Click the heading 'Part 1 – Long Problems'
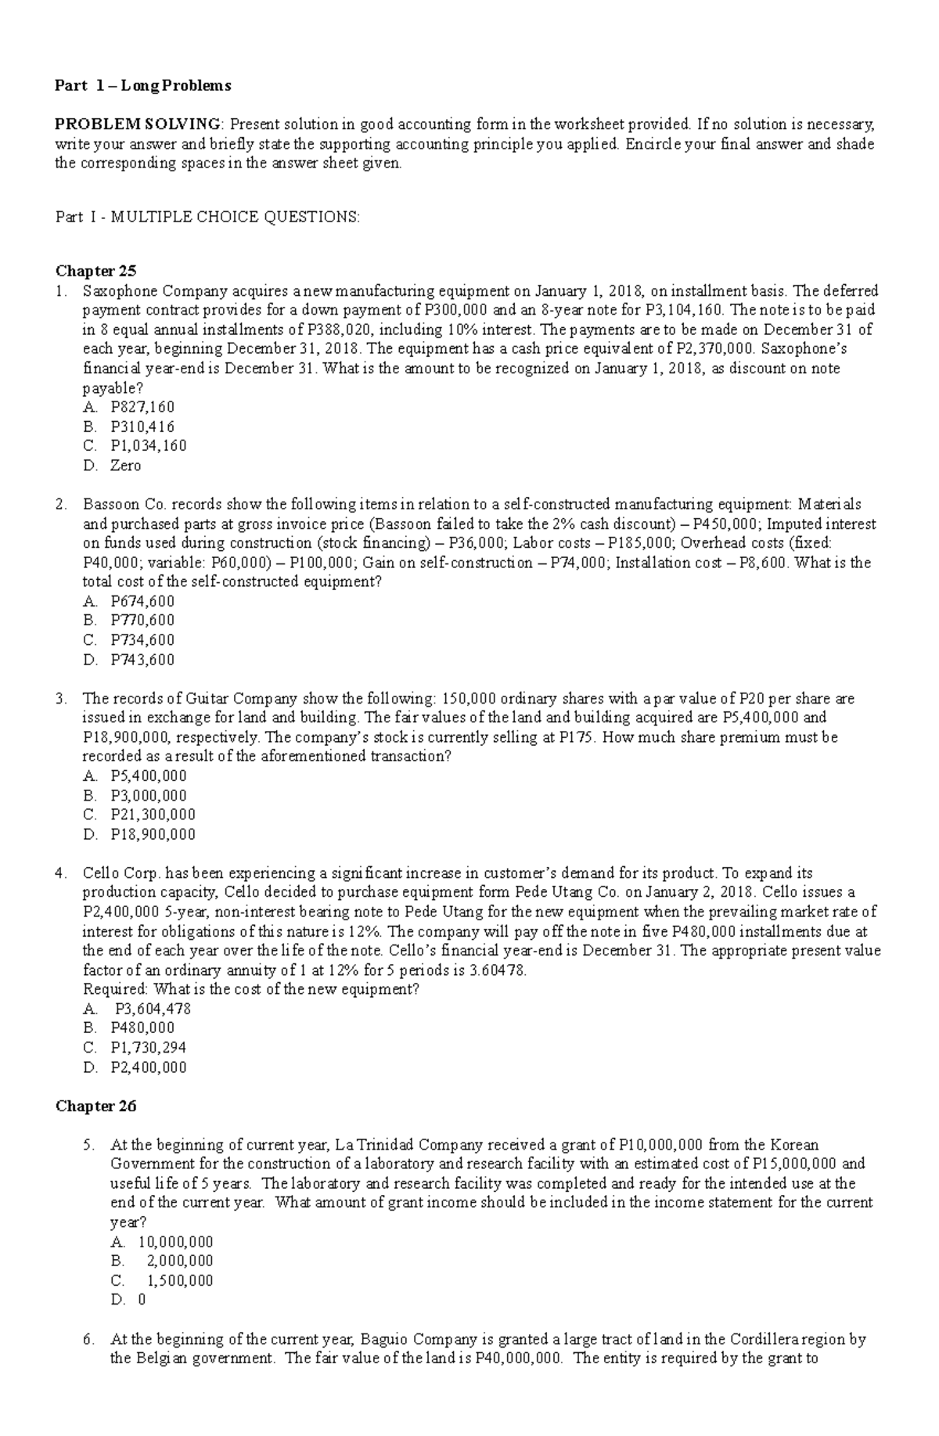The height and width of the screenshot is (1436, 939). coord(142,86)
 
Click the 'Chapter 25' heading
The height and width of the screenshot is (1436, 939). coord(95,272)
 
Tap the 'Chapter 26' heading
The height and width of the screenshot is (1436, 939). coord(95,1106)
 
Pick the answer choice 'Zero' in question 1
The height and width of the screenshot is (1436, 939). coord(126,466)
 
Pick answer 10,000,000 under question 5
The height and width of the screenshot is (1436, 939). coord(175,1242)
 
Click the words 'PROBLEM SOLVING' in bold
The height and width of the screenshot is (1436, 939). coord(138,124)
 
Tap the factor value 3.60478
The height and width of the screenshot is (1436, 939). coord(498,970)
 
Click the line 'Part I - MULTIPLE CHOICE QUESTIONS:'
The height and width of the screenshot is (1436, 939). coord(208,218)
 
